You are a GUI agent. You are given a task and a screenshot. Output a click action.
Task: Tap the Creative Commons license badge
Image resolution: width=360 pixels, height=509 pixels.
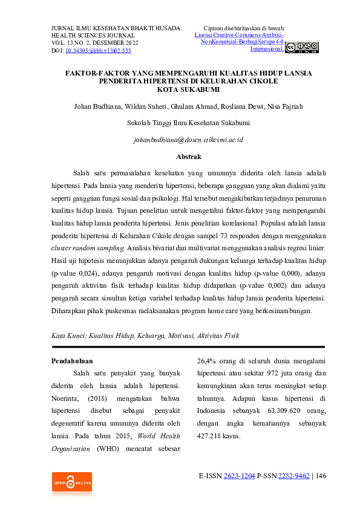click(x=301, y=48)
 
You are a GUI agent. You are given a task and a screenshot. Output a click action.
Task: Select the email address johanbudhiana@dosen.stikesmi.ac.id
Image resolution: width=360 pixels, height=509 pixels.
click(x=188, y=140)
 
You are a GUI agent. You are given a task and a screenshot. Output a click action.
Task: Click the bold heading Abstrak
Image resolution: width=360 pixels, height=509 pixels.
click(x=188, y=157)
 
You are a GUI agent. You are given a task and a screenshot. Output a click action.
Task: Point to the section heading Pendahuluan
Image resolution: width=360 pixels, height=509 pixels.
click(x=75, y=361)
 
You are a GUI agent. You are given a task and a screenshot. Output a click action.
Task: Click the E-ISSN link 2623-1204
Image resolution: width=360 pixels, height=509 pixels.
click(x=238, y=476)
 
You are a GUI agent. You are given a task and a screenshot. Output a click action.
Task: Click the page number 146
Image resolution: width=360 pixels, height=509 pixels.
click(x=320, y=476)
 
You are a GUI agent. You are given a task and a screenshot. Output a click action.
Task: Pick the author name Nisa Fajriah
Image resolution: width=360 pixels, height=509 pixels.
click(x=285, y=107)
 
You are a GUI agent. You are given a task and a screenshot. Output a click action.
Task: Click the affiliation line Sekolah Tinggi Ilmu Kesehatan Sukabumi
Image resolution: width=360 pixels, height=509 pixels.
click(x=188, y=123)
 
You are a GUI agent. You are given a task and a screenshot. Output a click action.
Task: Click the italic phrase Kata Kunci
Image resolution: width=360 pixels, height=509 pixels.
click(x=66, y=334)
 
